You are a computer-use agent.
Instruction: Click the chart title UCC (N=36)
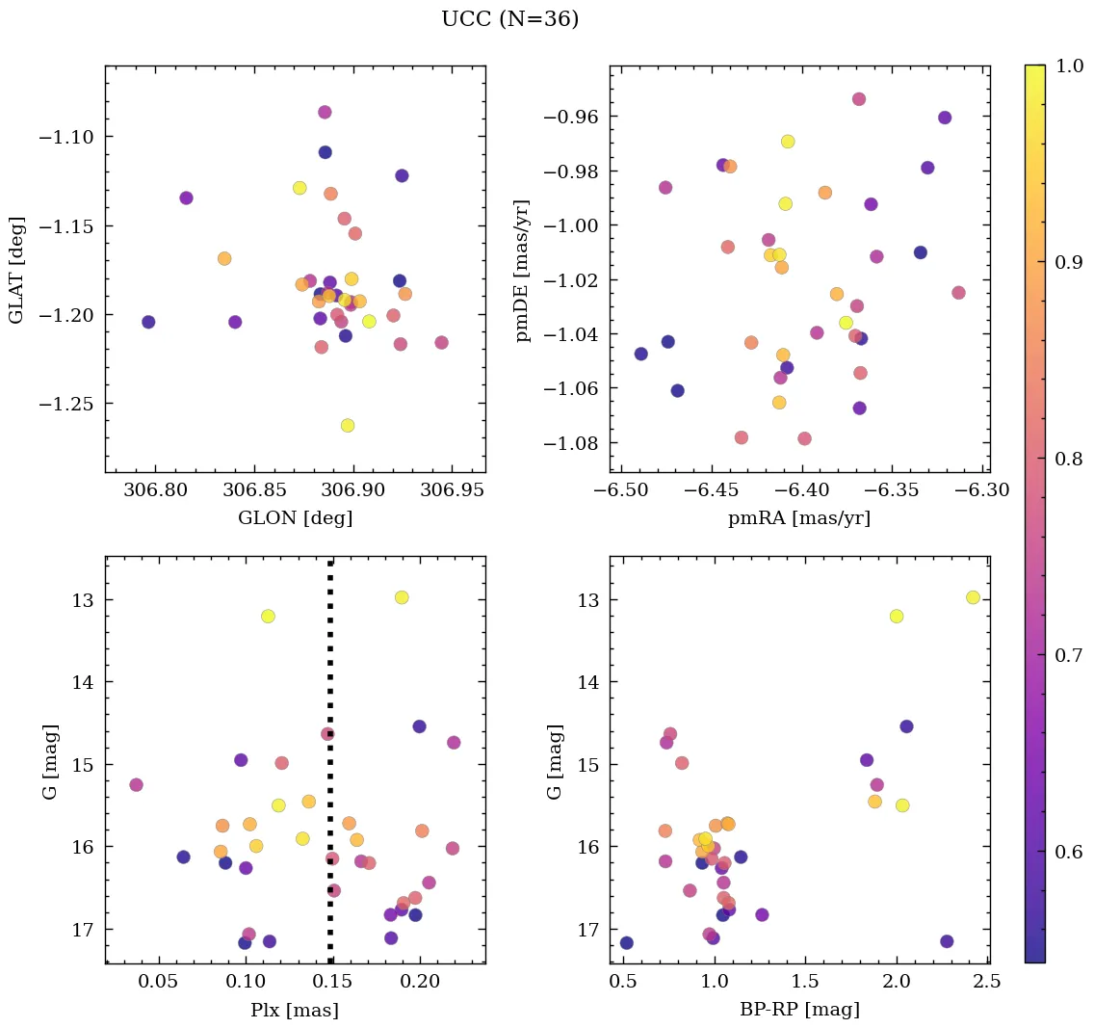pos(509,19)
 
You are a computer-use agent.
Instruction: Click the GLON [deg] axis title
pos(295,518)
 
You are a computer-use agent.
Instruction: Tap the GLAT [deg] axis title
pos(16,269)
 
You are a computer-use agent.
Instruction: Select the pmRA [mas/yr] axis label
pos(799,518)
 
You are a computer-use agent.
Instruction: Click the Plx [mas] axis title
pos(295,1010)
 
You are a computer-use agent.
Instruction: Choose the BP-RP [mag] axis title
pos(799,1010)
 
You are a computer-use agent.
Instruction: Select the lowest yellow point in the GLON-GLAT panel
pos(348,425)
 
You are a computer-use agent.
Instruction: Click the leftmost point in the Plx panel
pos(136,784)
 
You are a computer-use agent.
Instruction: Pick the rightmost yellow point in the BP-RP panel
pos(973,597)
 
